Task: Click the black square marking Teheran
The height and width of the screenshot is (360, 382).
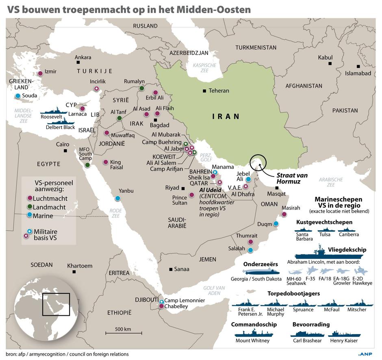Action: coord(204,91)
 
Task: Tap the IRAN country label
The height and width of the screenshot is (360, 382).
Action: coord(226,116)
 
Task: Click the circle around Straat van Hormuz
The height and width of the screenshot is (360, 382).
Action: coord(258,163)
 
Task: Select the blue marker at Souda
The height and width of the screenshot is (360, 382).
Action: coord(18,96)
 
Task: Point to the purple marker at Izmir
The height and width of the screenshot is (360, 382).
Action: coord(40,73)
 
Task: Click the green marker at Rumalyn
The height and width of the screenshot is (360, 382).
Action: coord(141,88)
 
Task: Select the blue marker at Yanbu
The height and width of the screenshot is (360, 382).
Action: coord(117,198)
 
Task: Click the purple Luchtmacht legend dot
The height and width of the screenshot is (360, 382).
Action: coord(29,198)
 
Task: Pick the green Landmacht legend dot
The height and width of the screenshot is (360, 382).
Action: coord(29,207)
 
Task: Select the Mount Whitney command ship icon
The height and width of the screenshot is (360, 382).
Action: coord(252,333)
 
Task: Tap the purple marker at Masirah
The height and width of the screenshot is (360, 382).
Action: coord(284,214)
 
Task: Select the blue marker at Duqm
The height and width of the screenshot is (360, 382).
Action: coord(276,224)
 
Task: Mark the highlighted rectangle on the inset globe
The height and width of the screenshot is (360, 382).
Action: coord(56,305)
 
